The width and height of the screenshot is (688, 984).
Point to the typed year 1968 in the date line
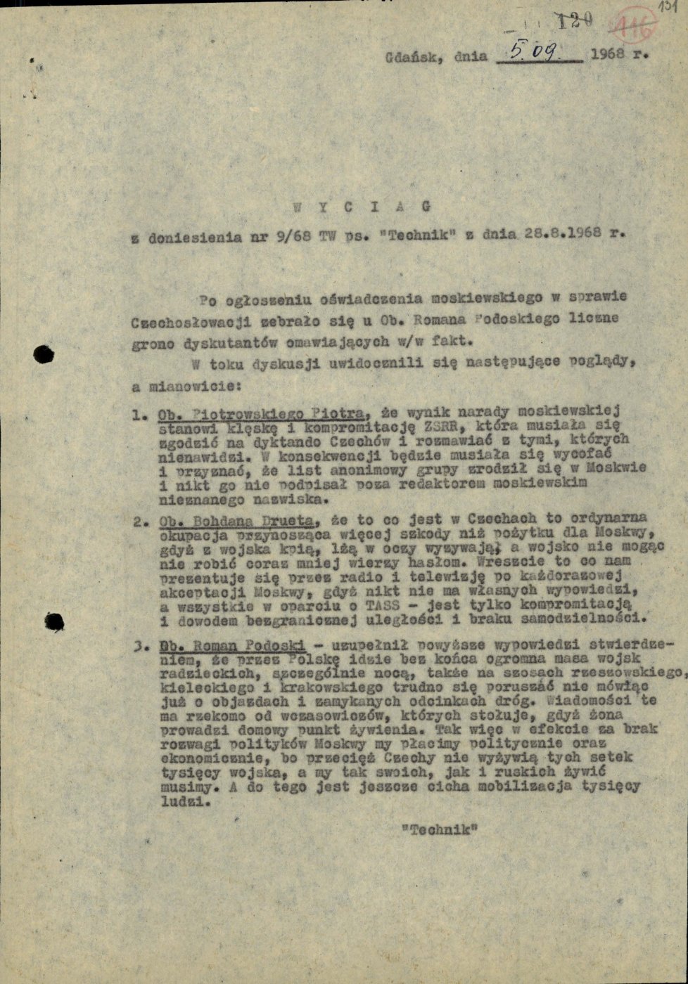click(610, 53)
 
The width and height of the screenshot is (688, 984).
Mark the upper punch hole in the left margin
click(44, 354)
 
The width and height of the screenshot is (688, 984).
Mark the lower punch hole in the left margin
click(53, 621)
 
